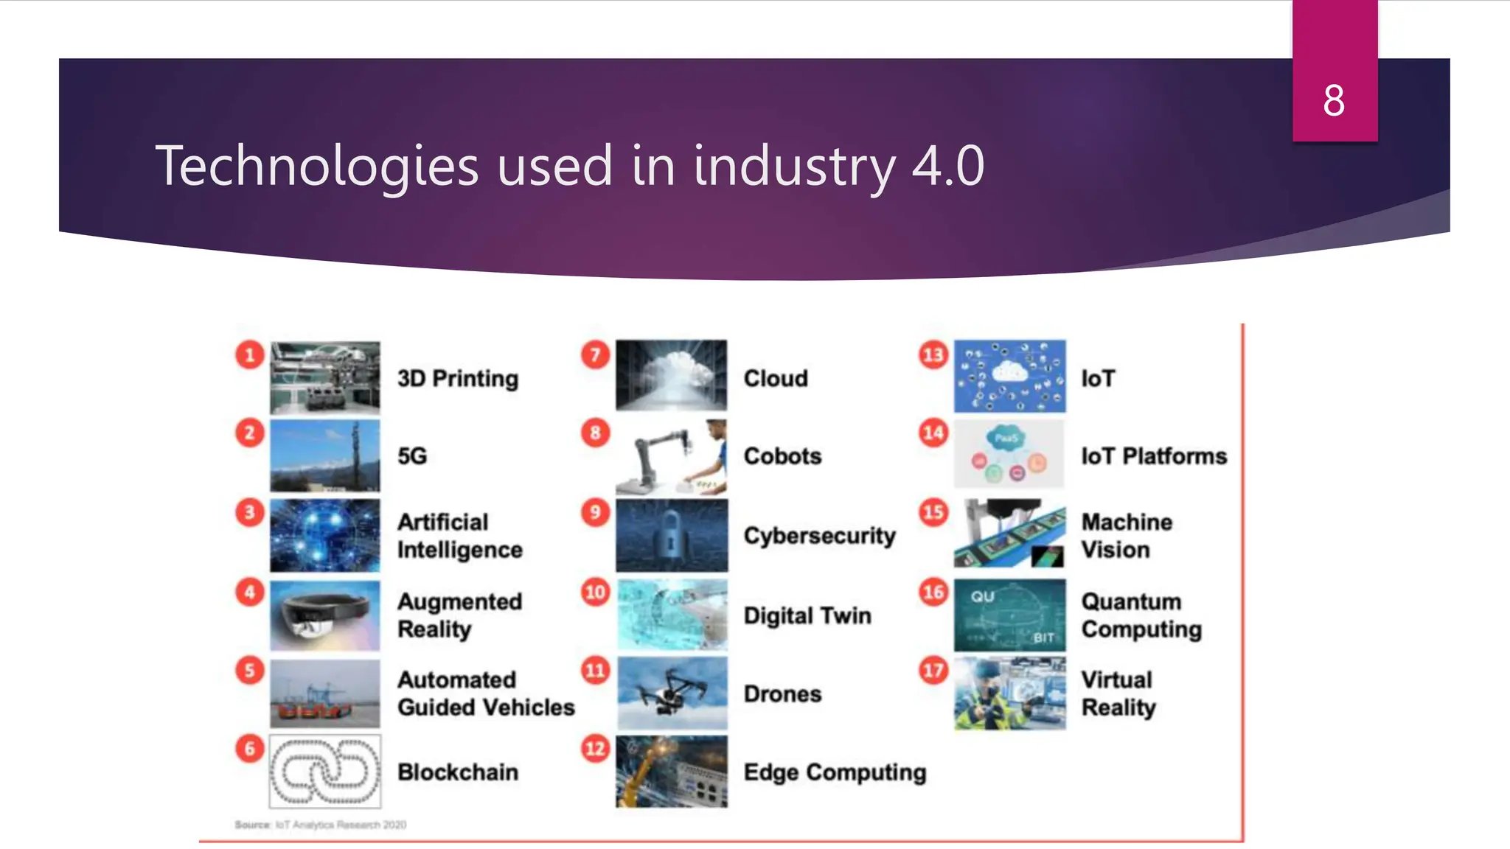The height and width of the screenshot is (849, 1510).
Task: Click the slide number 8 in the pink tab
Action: click(1334, 100)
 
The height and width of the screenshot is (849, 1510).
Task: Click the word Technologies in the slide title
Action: click(317, 166)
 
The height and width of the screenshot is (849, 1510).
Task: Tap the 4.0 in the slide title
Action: click(947, 166)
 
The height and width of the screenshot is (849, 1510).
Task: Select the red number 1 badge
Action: click(250, 354)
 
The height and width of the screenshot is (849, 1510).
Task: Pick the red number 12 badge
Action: click(595, 749)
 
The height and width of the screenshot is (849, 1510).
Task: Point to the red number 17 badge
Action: click(933, 670)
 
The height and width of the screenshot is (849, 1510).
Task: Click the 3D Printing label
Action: click(458, 378)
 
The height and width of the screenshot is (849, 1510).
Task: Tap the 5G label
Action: click(412, 456)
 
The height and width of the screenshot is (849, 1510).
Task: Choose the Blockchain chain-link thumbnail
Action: click(325, 772)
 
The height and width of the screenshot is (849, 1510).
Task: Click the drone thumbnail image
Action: click(672, 693)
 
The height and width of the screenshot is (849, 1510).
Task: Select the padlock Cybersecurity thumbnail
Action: click(672, 536)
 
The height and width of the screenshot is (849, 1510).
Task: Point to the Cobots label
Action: click(782, 456)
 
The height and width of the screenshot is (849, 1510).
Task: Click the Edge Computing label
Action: click(835, 772)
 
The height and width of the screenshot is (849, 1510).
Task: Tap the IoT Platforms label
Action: click(1154, 456)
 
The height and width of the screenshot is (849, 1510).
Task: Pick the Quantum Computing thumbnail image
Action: click(1009, 615)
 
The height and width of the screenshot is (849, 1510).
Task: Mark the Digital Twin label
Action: click(807, 615)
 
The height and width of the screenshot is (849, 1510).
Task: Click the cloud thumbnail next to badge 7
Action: click(672, 375)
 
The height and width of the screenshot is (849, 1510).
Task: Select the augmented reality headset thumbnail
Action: click(325, 615)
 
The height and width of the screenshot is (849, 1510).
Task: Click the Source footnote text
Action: click(321, 825)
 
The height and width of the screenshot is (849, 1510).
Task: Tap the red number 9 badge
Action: click(595, 512)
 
